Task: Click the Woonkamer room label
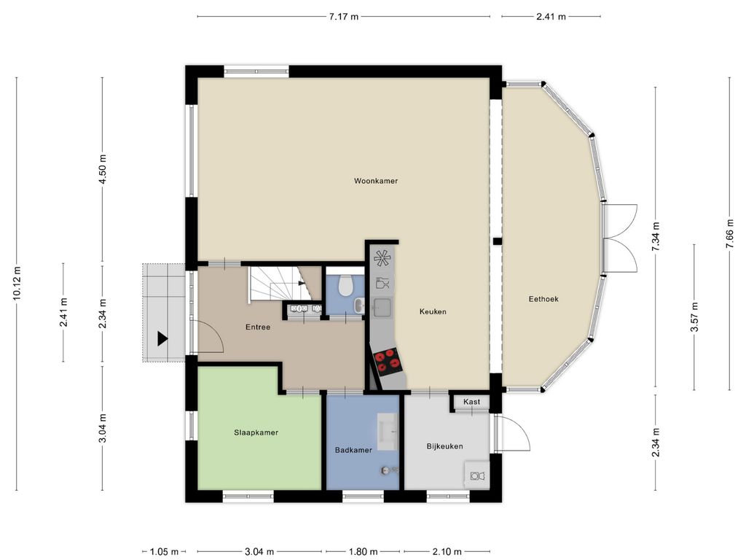tap(376, 181)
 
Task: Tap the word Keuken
tap(432, 311)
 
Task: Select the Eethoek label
tap(543, 298)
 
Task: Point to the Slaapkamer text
tap(256, 432)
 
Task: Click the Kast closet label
tap(471, 402)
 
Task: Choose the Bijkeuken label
tap(444, 446)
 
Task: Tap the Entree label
tap(258, 327)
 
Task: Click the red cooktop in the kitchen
tap(388, 358)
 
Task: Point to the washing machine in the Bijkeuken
tap(477, 476)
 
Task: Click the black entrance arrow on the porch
tap(162, 338)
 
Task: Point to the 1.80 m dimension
tap(364, 552)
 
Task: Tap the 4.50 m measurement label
tap(103, 169)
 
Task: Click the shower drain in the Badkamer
tap(386, 471)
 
